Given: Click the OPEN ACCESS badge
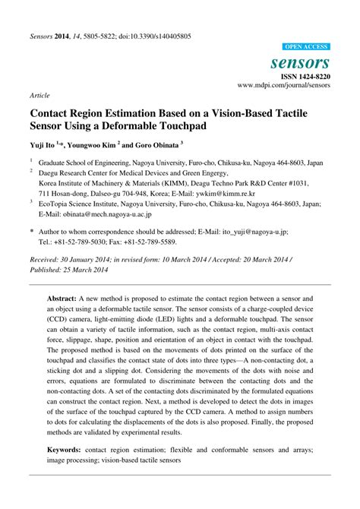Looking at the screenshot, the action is tap(306, 46).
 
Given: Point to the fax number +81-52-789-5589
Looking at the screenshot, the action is tap(153, 242).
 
